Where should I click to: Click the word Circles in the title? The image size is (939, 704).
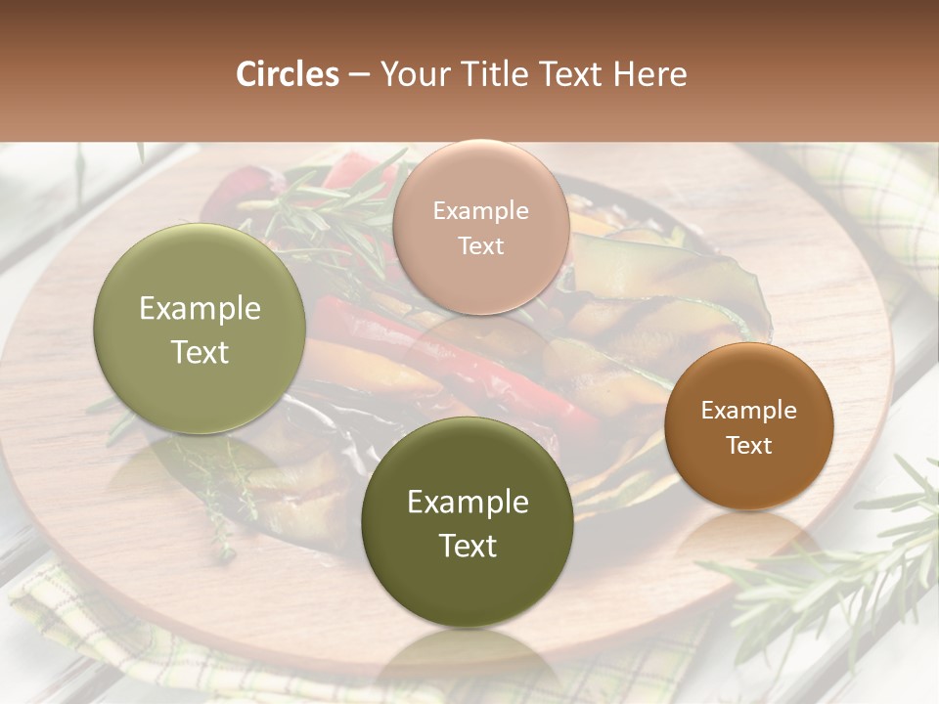point(287,74)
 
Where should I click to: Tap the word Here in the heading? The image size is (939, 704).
point(650,74)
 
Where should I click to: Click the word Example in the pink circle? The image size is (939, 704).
point(481,210)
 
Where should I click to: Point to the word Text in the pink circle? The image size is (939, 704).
point(481,245)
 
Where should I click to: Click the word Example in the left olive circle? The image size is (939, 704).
point(200,309)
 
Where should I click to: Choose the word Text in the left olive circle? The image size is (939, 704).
point(200,352)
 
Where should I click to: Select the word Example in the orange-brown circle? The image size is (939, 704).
point(749,410)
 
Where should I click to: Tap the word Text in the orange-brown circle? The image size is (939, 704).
point(749,445)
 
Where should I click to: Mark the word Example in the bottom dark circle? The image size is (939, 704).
point(468,502)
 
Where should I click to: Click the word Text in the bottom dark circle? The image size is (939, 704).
point(468,546)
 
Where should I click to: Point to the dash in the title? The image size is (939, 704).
point(359,75)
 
